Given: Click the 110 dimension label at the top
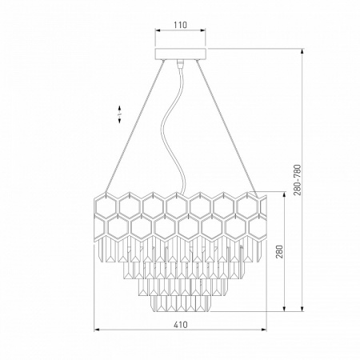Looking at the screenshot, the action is click(x=181, y=25).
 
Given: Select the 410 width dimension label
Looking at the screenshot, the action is click(x=181, y=325).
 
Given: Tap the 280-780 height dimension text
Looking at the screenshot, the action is click(x=298, y=180).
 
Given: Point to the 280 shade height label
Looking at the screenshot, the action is click(x=279, y=251).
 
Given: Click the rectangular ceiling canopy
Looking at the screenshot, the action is click(x=181, y=54).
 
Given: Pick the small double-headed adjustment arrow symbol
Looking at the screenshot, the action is click(x=120, y=114).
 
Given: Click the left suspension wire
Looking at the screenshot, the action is click(x=134, y=126).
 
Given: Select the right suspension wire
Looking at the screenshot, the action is click(x=227, y=129).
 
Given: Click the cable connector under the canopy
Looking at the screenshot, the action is click(x=180, y=63).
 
